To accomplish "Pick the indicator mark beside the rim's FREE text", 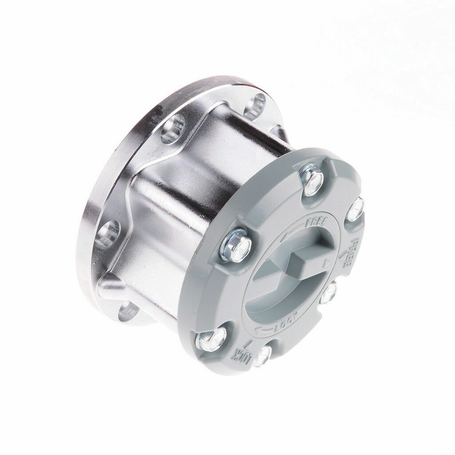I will [343, 255].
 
